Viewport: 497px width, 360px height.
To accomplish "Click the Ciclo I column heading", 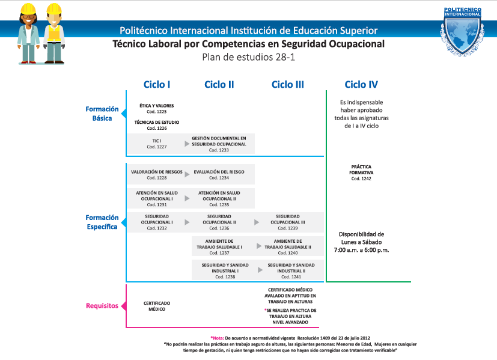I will (157, 85).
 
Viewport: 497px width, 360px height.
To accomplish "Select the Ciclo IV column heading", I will (361, 85).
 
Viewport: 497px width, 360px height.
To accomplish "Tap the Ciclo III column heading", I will (288, 85).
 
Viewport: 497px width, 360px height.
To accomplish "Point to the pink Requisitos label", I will (102, 305).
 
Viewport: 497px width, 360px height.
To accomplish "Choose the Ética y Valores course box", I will (156, 108).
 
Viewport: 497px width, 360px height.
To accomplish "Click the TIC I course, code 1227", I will (156, 143).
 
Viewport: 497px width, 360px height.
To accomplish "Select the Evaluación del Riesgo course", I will (219, 174).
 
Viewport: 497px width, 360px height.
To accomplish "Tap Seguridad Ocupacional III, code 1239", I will (287, 222).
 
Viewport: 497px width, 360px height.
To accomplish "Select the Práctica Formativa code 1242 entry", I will (361, 172).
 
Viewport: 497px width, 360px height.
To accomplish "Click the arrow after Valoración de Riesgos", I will (187, 174).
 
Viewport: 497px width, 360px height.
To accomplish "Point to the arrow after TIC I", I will (187, 143).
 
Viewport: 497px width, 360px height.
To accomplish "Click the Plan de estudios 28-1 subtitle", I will (248, 57).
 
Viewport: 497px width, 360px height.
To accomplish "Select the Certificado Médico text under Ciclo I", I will (157, 305).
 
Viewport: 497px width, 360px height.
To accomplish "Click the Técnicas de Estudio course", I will (156, 125).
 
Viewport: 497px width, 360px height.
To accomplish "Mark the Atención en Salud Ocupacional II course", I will (219, 198).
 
